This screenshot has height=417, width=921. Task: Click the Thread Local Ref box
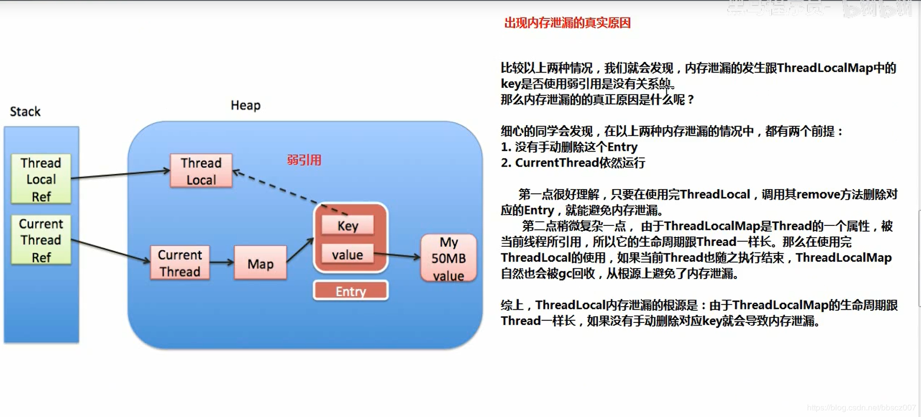(41, 179)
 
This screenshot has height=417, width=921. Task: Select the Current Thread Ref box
(41, 240)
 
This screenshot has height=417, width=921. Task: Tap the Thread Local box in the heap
(201, 171)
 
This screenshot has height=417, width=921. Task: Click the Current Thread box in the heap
(179, 263)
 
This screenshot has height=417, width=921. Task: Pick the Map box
(260, 263)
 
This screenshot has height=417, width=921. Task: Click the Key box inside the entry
(348, 225)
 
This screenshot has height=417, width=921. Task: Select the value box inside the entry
(348, 254)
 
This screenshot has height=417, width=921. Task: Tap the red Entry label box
(351, 291)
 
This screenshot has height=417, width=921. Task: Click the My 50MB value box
(448, 258)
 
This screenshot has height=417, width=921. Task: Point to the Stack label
(25, 111)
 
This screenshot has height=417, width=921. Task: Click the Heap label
(245, 105)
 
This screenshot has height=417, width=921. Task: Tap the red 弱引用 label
(304, 160)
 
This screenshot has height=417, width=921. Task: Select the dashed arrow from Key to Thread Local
(286, 191)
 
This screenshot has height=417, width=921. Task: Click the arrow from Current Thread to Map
(221, 262)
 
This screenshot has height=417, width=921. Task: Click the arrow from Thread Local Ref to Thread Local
(121, 174)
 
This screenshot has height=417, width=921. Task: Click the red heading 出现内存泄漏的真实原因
(567, 23)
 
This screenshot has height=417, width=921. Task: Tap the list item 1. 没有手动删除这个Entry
(569, 147)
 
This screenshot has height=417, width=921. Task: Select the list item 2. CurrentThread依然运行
(573, 163)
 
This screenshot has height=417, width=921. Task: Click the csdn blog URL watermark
(861, 407)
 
